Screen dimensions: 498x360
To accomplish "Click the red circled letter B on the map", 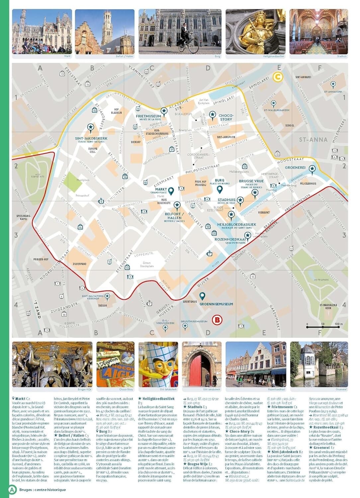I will tap(217, 320).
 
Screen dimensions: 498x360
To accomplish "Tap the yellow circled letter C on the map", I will tap(278, 77).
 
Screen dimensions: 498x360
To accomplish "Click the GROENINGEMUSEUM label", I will tap(216, 304).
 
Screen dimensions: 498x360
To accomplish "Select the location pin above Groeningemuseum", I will tap(202, 296).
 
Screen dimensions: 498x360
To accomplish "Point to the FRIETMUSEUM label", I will tap(148, 116).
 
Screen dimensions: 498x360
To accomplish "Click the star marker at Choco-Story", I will tap(213, 115).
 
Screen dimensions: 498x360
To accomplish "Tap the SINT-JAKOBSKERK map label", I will tap(91, 138).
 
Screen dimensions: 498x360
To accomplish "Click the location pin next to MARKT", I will tap(171, 191).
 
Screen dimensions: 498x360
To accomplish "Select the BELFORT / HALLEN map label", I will tap(174, 216).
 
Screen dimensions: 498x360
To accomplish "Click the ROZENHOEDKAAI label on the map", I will tap(230, 239).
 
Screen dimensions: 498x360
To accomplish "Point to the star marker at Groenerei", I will tap(312, 169).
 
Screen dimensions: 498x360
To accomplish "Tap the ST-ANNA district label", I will tap(313, 140).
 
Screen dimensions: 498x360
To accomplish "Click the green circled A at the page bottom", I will tap(12, 489).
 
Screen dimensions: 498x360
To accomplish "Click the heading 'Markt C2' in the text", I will tap(21, 399).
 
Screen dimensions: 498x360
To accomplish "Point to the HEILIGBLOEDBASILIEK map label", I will tap(237, 225).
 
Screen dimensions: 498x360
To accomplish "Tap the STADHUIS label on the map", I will tap(226, 200).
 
